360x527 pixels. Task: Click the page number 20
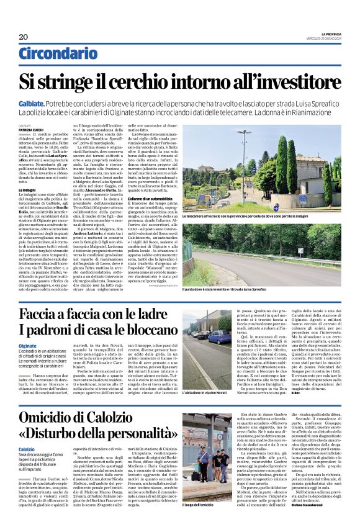24,37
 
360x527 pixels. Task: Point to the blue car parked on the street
222,338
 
